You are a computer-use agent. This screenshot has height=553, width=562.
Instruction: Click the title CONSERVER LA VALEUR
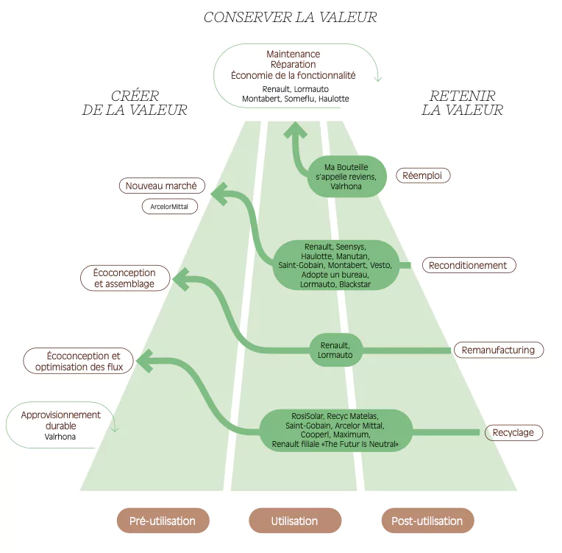click(290, 17)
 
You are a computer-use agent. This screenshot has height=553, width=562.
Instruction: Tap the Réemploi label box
click(423, 175)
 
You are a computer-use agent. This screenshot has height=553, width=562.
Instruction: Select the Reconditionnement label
click(469, 265)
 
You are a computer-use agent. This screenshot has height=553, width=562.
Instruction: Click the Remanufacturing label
click(499, 350)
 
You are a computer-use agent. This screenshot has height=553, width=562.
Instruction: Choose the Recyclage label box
click(513, 432)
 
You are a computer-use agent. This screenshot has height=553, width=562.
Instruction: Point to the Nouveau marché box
click(162, 186)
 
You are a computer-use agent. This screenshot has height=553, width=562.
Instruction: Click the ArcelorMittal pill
click(169, 207)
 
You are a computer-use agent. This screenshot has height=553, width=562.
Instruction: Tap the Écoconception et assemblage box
click(125, 278)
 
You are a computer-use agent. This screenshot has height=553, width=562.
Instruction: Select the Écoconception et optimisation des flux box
click(78, 361)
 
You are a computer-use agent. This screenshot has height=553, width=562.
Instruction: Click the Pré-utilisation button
click(163, 521)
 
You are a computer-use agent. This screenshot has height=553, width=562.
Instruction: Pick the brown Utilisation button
click(295, 521)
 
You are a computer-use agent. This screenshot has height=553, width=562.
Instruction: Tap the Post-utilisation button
click(427, 521)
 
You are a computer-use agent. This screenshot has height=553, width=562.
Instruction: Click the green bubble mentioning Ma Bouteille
click(346, 177)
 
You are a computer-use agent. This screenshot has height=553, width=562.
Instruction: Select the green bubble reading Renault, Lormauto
click(336, 351)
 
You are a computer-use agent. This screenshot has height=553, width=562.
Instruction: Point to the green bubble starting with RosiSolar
click(335, 430)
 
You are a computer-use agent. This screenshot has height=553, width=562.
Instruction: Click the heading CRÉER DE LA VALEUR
click(135, 103)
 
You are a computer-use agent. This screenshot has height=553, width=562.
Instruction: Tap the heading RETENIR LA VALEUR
click(463, 103)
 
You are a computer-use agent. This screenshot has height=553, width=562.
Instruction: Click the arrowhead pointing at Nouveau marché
click(219, 194)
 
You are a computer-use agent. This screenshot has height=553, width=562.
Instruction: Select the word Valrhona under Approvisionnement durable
click(60, 437)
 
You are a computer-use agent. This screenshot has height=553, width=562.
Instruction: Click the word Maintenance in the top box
click(294, 54)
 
